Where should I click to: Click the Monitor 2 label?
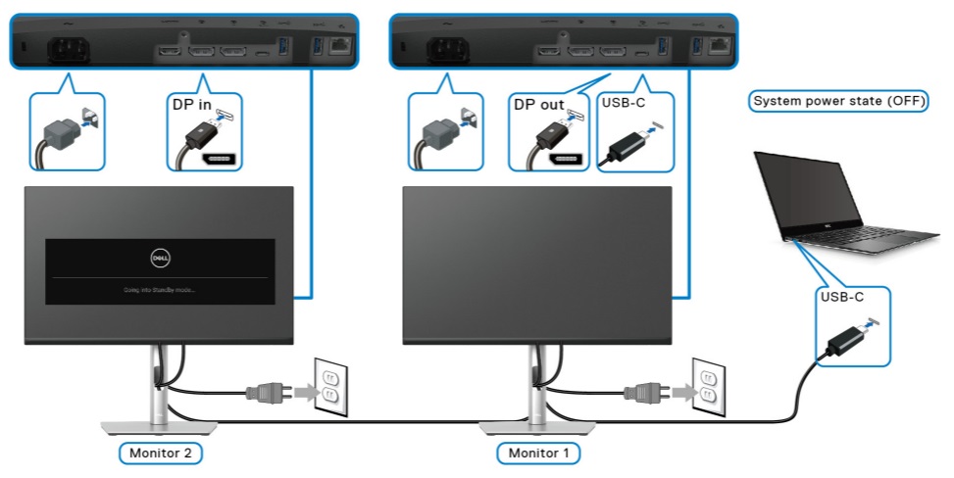tap(161, 453)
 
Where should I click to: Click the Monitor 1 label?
tap(537, 453)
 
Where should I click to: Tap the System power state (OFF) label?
tap(839, 101)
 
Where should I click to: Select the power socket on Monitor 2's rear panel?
tap(61, 49)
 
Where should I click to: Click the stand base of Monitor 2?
tap(158, 424)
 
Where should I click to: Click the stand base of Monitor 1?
tap(537, 424)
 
